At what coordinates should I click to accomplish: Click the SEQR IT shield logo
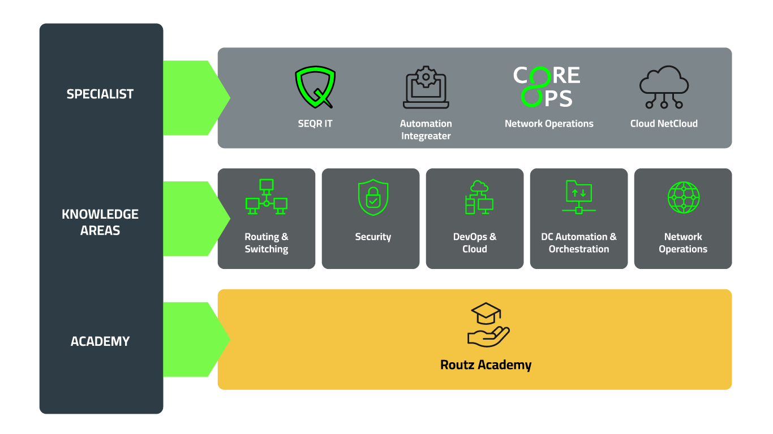click(315, 88)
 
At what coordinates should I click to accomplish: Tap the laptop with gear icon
click(426, 88)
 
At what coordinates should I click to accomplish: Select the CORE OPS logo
click(547, 87)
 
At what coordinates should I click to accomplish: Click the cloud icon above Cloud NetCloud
click(664, 88)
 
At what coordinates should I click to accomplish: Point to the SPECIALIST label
click(100, 94)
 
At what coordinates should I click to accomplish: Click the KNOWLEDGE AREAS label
click(100, 222)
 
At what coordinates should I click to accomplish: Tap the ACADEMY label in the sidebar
click(100, 341)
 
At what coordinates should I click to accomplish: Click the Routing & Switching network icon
click(267, 197)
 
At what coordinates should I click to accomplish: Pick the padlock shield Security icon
click(373, 197)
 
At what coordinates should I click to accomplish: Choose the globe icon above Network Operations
click(684, 197)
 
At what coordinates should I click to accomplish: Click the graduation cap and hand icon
click(488, 325)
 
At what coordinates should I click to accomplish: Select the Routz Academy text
click(486, 365)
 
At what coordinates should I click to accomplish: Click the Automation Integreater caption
click(426, 129)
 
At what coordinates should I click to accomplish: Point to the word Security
click(373, 237)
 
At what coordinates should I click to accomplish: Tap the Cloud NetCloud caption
click(664, 123)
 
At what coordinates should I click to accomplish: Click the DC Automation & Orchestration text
click(578, 243)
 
